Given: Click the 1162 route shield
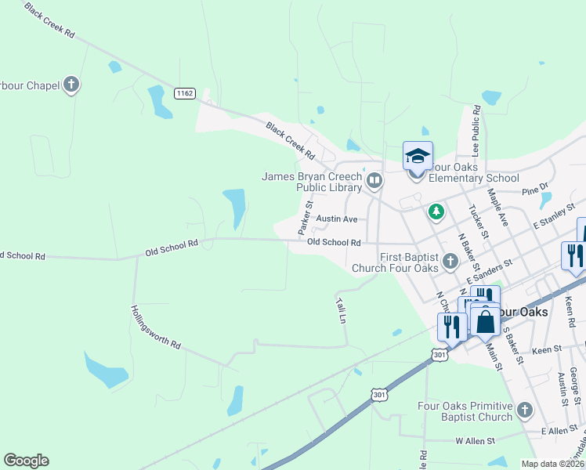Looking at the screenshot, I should [x=185, y=93].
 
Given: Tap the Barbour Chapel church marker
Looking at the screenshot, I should [x=71, y=85].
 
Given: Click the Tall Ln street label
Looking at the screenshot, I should [x=341, y=310].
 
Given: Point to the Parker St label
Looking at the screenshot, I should [x=305, y=218].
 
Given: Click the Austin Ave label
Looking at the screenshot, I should [x=336, y=219].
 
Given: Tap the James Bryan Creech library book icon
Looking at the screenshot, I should [x=374, y=182].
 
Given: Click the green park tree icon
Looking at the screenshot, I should [x=436, y=211].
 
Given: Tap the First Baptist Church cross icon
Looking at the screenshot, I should [x=450, y=261].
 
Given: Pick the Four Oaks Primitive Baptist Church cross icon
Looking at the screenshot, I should [x=524, y=410].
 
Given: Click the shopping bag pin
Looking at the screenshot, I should [x=486, y=321].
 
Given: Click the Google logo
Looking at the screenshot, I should [x=26, y=461].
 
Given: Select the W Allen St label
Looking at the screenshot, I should [x=476, y=441].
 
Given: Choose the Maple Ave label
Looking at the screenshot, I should [x=498, y=207].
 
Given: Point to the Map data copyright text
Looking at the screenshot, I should [x=552, y=464].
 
